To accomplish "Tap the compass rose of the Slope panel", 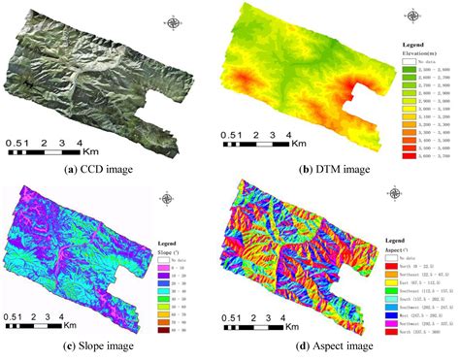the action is tap(169, 198).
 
